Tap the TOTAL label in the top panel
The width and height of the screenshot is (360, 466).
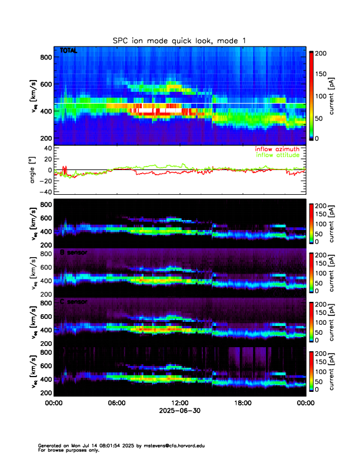click(x=69, y=52)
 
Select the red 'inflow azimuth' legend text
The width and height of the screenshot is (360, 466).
click(x=275, y=149)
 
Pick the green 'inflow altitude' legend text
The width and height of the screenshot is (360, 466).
click(x=275, y=155)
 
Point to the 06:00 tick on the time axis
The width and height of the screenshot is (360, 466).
click(x=116, y=403)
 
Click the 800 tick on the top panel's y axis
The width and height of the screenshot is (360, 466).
click(x=45, y=57)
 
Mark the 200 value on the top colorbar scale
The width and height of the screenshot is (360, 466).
click(x=325, y=54)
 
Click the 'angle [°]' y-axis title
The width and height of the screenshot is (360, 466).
click(x=34, y=170)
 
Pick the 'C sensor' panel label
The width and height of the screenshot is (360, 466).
click(x=73, y=302)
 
